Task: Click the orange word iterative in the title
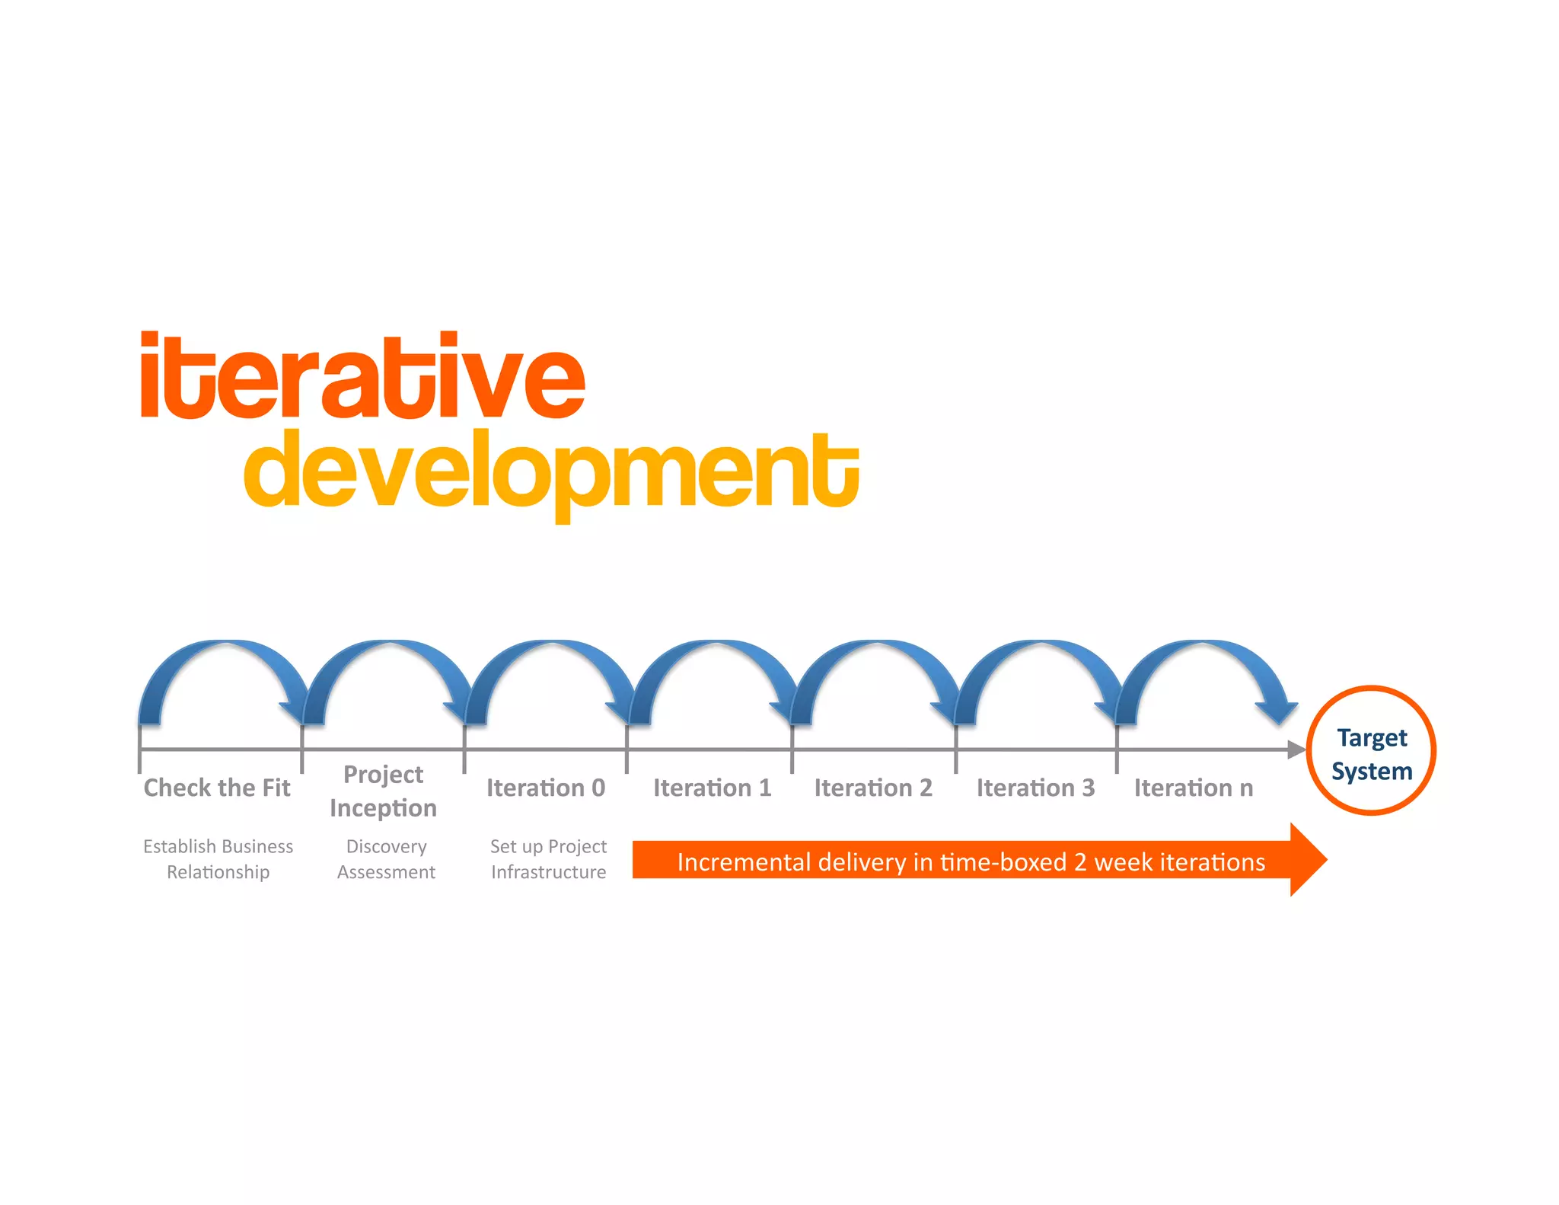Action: coord(362,377)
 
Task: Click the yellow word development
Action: coord(551,471)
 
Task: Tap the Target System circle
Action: coord(1371,751)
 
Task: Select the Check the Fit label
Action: coord(217,788)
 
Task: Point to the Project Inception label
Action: coord(383,791)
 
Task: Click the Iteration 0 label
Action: coord(546,788)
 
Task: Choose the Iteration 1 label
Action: coord(712,788)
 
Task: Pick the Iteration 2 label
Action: coord(873,788)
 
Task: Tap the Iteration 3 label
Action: coord(1035,788)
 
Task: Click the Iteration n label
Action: coord(1193,788)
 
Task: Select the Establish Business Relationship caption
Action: coord(218,859)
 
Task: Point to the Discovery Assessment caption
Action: coord(386,859)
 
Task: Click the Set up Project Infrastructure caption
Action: coord(548,859)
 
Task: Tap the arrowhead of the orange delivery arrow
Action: coord(1309,860)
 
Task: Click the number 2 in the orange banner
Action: coord(1079,862)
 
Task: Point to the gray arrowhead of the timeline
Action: coord(1296,750)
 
